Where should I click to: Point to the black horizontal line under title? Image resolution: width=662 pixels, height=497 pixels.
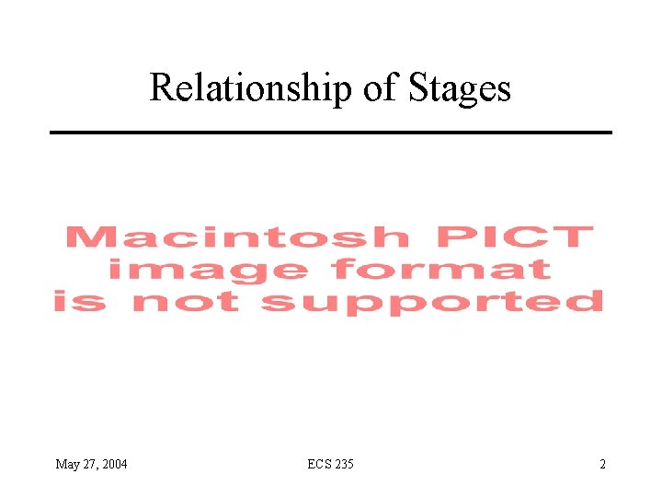[330, 133]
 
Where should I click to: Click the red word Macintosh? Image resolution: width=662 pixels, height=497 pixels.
[237, 237]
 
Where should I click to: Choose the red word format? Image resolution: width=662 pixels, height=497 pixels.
[440, 269]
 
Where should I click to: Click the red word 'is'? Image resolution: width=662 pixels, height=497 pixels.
[80, 301]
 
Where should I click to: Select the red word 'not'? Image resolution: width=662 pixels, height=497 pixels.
[188, 301]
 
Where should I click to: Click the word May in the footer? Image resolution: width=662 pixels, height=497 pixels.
[68, 465]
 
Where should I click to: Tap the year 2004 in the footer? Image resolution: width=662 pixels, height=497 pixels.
[114, 464]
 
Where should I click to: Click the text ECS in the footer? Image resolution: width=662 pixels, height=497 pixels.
[319, 464]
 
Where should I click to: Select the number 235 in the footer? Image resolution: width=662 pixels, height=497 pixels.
[344, 464]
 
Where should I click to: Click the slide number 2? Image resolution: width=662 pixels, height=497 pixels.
[602, 464]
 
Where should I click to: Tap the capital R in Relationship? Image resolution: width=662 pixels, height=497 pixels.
[160, 87]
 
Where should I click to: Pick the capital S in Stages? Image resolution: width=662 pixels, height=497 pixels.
[413, 87]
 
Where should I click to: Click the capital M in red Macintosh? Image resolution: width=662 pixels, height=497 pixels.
[86, 237]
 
